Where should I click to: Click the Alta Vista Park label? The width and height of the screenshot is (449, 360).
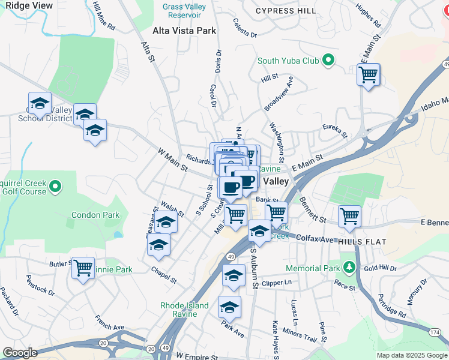tap(184, 31)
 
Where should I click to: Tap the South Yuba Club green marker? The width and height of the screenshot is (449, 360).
tap(328, 60)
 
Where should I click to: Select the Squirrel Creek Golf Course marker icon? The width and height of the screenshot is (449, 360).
tap(56, 187)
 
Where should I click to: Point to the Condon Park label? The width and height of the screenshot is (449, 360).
tap(95, 215)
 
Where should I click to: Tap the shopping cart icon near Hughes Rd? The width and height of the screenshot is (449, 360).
tap(368, 75)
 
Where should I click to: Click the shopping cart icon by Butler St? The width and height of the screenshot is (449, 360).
tap(83, 267)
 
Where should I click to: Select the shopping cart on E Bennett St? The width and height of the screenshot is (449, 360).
tap(349, 216)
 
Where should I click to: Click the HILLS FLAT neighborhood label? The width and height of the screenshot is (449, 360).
tap(361, 241)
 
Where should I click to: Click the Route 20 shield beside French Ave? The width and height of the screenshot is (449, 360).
tap(103, 343)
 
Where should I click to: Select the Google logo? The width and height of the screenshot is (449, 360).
tap(20, 353)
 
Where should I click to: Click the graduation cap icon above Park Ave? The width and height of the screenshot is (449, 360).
tap(229, 307)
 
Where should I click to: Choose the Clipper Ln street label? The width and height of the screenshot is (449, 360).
tap(277, 282)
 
